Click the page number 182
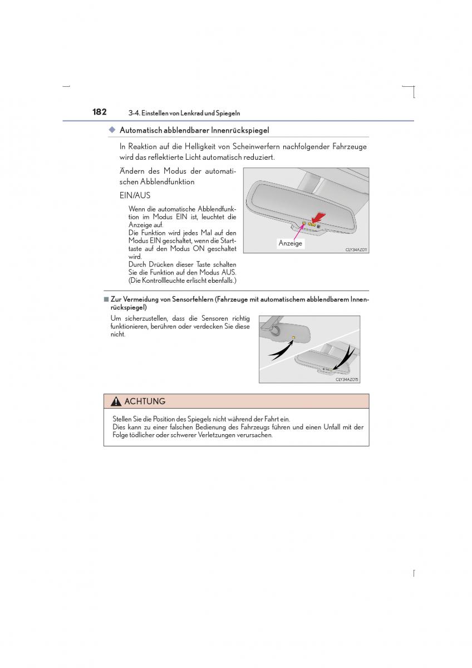(x=100, y=112)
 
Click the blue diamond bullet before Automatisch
(x=111, y=130)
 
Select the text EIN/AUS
(x=135, y=196)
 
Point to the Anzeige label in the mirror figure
(x=290, y=243)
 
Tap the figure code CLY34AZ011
(x=356, y=250)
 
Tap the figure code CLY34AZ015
(x=347, y=379)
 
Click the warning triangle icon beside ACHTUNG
(x=116, y=402)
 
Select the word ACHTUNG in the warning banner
(x=145, y=401)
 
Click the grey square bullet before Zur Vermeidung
(x=106, y=299)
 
